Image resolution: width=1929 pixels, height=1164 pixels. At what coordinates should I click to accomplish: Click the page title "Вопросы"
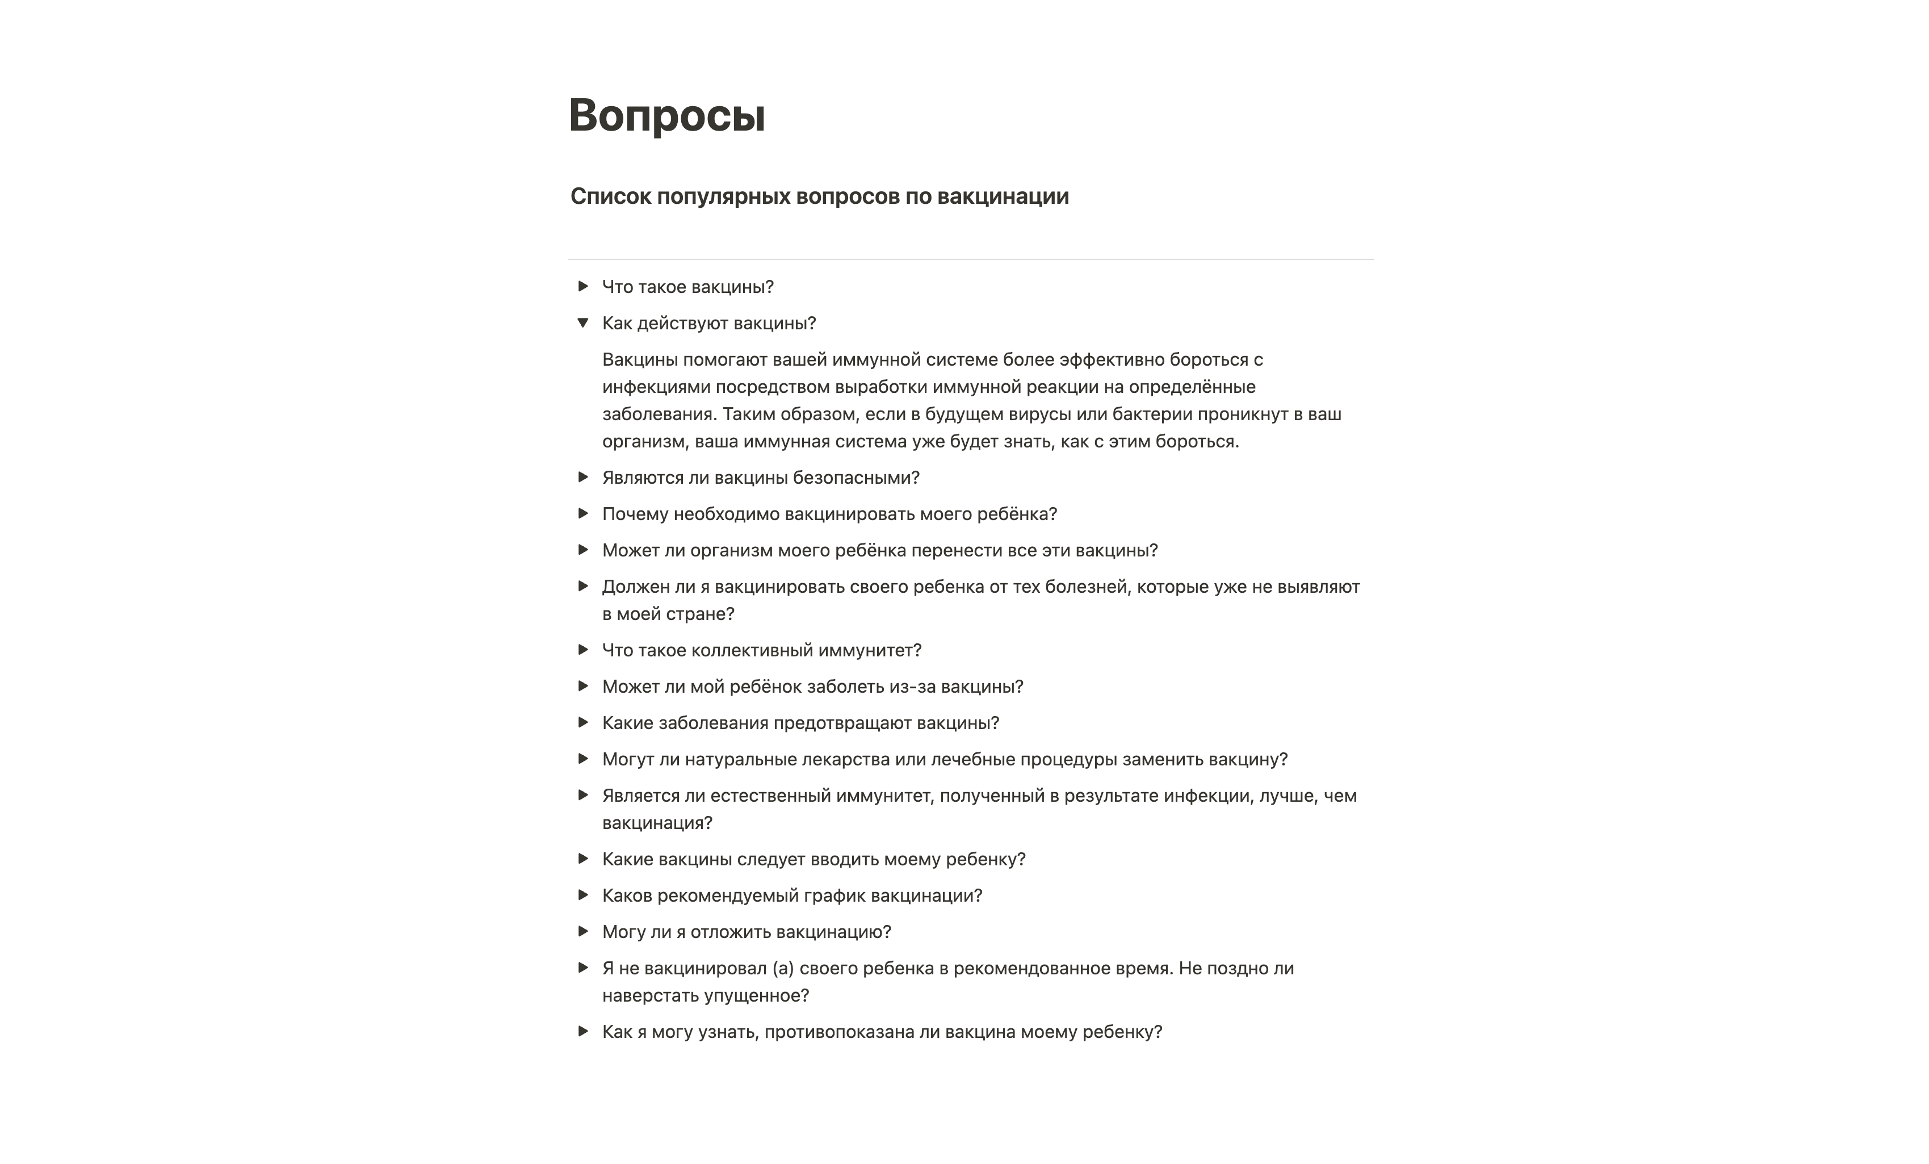(666, 115)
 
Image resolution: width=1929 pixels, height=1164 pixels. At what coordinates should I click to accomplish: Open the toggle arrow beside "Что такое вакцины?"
(582, 287)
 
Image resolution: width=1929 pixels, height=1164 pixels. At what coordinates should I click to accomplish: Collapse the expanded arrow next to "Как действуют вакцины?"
(582, 323)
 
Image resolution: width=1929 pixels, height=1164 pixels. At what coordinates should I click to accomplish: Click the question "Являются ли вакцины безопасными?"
(760, 478)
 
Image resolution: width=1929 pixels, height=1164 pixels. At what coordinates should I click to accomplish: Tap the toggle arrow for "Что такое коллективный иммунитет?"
(582, 650)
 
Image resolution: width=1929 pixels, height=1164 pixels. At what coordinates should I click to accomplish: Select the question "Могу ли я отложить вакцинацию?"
(746, 932)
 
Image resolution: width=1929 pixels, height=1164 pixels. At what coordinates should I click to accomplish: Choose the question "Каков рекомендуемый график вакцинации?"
(791, 895)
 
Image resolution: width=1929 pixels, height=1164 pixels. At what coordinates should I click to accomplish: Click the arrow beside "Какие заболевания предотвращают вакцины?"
(582, 722)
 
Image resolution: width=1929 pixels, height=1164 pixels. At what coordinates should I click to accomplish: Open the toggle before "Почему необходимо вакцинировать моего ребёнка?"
(582, 513)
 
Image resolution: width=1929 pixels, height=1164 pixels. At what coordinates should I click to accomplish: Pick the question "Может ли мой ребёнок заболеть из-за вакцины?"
(812, 686)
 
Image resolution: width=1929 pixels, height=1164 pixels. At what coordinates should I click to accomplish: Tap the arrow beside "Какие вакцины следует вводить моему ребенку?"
(582, 859)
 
